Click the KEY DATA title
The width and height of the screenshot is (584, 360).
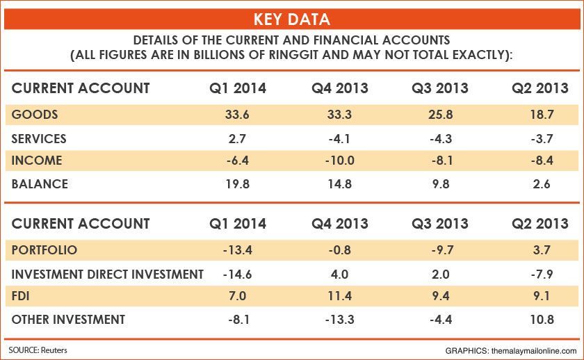tap(291, 17)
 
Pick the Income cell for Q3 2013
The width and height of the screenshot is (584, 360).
tap(441, 161)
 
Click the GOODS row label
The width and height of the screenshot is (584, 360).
tap(35, 114)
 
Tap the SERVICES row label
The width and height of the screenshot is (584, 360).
tap(40, 138)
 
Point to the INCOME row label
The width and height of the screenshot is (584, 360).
tap(37, 161)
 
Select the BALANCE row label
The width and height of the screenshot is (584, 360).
tap(40, 184)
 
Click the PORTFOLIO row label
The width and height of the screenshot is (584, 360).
tap(44, 249)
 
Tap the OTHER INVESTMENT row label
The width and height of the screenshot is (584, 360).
tap(69, 320)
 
